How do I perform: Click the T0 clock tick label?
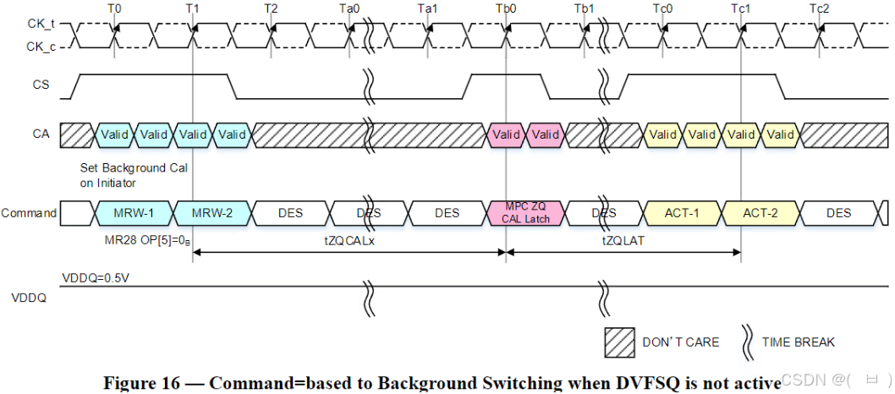[114, 8]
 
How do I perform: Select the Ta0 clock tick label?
[349, 8]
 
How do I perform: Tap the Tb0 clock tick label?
[506, 8]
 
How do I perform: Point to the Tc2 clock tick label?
[819, 8]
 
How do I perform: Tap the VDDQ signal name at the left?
[30, 298]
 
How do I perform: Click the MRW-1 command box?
[133, 213]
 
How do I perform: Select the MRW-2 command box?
[212, 213]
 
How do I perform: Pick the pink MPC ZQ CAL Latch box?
[527, 213]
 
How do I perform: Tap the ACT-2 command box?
[760, 213]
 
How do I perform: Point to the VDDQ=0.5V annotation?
[96, 277]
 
